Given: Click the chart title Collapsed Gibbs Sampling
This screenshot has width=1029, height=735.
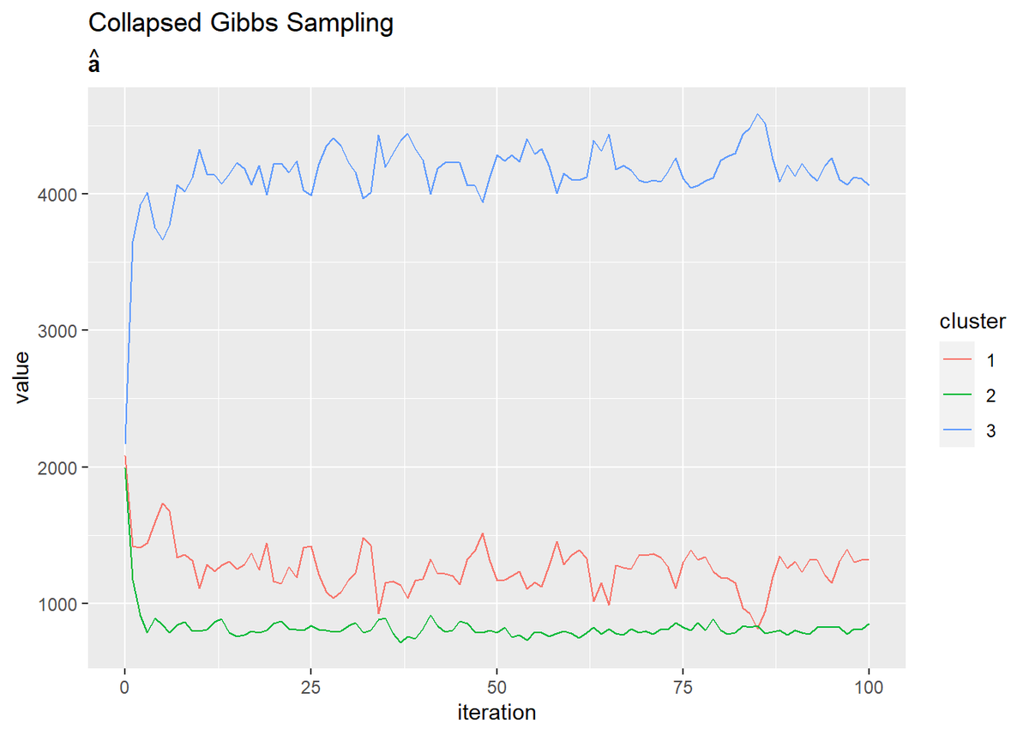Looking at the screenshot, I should coord(241,23).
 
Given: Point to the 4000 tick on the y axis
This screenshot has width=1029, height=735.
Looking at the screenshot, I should coord(61,194).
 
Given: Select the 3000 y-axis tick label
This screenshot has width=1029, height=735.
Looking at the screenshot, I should coord(61,330).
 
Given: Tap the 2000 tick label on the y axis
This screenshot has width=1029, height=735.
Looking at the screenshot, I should coord(61,467).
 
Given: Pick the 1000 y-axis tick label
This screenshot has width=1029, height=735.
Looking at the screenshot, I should coord(61,604).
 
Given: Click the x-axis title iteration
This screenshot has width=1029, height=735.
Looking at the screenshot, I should coord(497,712).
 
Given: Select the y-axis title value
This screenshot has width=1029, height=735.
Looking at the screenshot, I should coord(23,377).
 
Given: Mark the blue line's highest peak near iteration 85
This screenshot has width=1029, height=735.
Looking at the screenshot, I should coord(757,114).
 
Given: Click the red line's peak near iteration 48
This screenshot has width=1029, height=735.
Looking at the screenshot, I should coord(483,533).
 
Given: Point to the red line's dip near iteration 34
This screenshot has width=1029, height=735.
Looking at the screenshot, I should coord(378,614).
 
